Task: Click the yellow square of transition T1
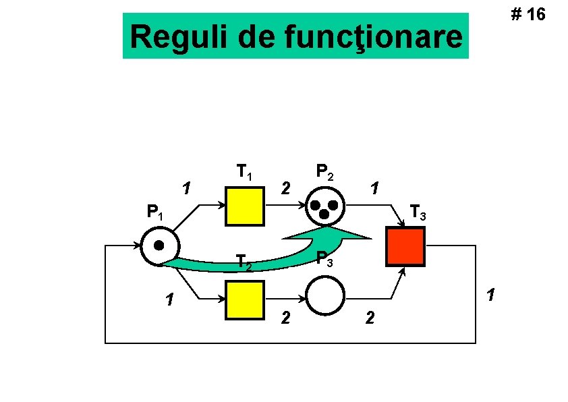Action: pyautogui.click(x=245, y=206)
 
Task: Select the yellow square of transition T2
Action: pyautogui.click(x=245, y=299)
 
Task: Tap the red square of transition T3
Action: pyautogui.click(x=405, y=247)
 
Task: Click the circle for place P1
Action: pyautogui.click(x=160, y=246)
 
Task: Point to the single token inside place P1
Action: pyautogui.click(x=159, y=245)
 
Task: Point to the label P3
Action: pyautogui.click(x=324, y=258)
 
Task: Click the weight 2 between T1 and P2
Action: pyautogui.click(x=286, y=187)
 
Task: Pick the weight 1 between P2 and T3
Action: pyautogui.click(x=376, y=187)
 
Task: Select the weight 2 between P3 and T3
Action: pyautogui.click(x=368, y=317)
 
